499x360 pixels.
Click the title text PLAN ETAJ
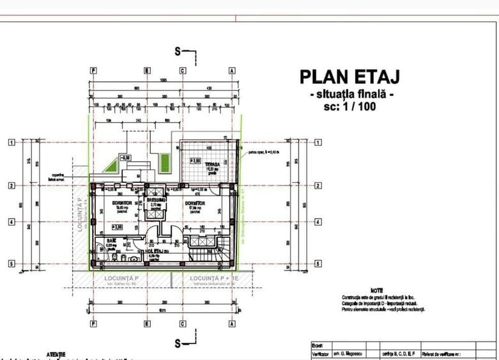pos(349,77)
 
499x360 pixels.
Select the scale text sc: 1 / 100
pos(349,107)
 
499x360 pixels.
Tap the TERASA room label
pos(204,164)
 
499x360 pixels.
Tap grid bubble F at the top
pos(93,70)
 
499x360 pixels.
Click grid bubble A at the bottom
pos(232,324)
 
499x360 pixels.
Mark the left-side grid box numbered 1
pos(11,143)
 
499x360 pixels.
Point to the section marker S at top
pos(180,52)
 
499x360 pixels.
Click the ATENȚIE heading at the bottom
pos(56,354)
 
